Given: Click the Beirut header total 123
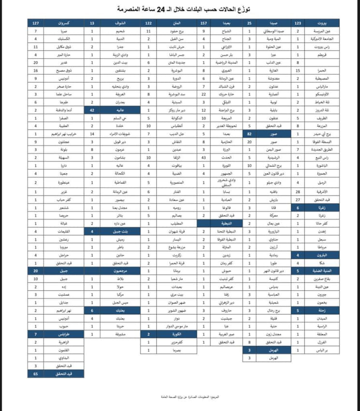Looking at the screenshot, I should (x=298, y=23).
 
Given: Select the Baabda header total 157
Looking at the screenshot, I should (x=203, y=23).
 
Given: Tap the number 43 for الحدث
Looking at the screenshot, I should (x=204, y=157).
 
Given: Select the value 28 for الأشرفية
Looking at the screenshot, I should (x=298, y=191).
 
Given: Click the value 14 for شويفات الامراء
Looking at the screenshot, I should (x=92, y=132).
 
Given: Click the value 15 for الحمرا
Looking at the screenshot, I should (x=298, y=70).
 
